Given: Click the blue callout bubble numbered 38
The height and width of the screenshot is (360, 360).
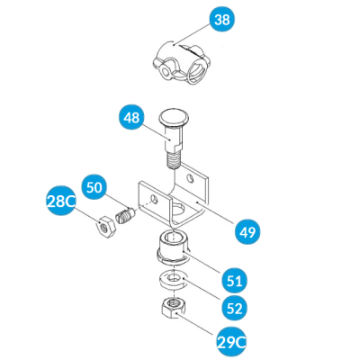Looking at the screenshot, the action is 222,20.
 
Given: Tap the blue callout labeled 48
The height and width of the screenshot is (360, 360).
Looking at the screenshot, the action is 131,117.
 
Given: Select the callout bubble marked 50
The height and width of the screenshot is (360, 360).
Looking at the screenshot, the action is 94,187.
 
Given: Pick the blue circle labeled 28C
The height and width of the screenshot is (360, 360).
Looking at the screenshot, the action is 61,200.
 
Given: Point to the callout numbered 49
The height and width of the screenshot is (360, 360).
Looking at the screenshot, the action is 247,232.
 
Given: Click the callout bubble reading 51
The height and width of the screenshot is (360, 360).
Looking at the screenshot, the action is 234,281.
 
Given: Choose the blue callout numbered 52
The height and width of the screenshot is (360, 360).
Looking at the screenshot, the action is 234,308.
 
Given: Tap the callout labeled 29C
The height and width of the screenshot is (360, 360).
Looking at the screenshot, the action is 231,342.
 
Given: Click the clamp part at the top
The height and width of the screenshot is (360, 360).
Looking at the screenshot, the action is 182,62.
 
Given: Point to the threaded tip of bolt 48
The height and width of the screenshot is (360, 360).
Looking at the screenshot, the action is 174,161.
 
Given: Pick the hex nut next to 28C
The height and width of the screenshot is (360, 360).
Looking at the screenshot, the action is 106,226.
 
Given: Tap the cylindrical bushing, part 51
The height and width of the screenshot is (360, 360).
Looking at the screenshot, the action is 172,247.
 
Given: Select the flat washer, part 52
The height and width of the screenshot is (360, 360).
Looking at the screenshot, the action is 172,280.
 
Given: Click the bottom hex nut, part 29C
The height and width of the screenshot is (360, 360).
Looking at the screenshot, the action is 172,308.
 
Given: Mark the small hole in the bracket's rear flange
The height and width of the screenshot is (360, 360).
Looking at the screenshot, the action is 190,178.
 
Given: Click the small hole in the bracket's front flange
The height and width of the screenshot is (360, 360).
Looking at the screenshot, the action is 154,199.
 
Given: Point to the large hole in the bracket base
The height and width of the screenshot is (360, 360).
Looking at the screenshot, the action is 179,210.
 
